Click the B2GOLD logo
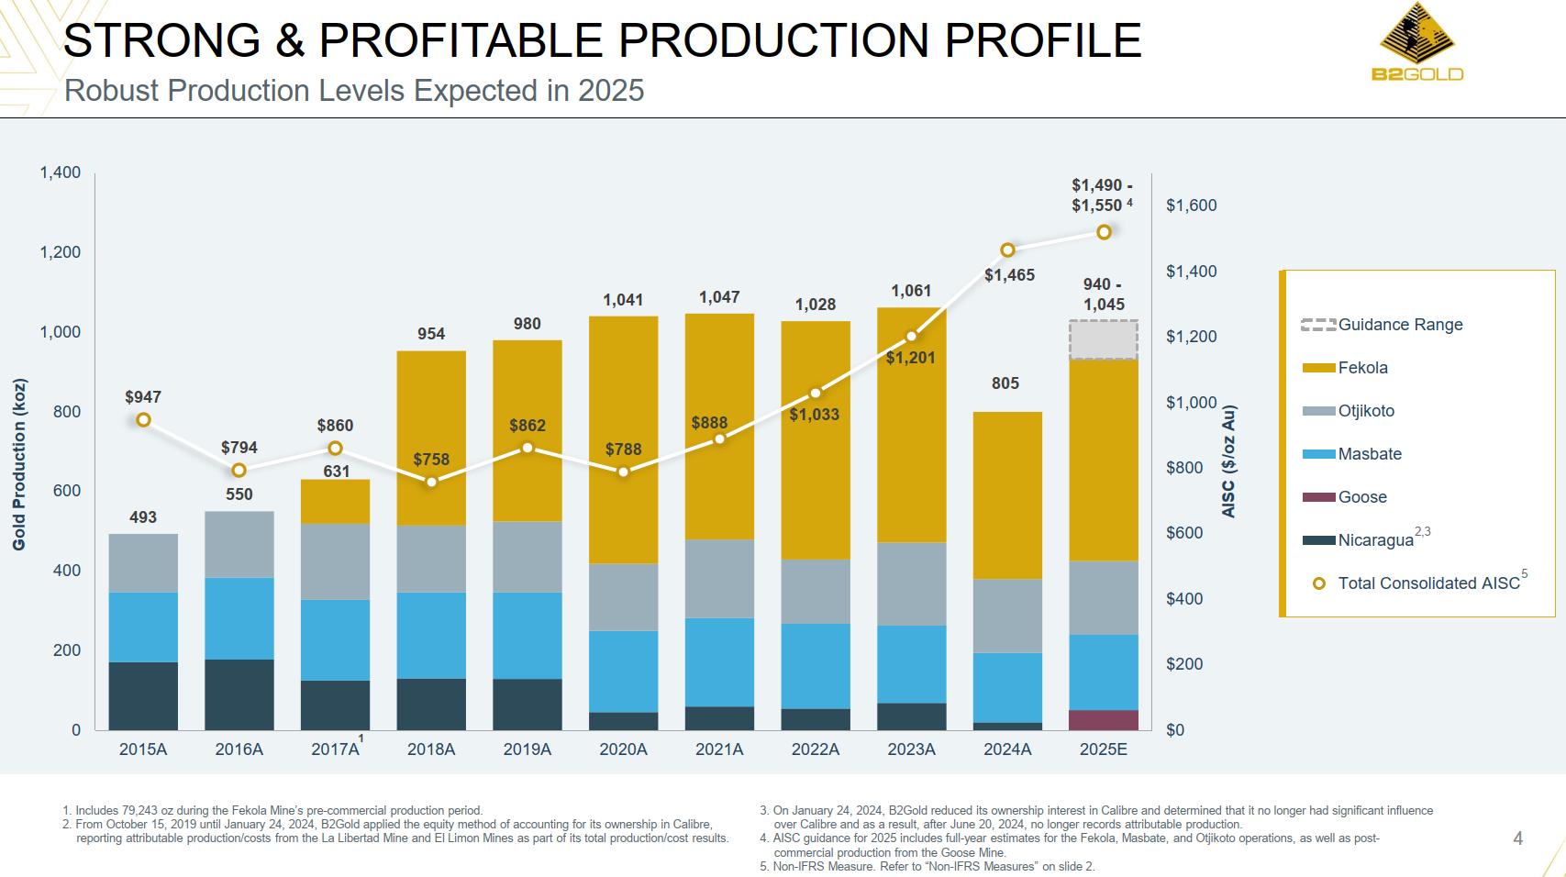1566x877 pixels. point(1417,42)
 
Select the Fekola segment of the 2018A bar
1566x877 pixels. point(431,438)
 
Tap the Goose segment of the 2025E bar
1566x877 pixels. point(1104,720)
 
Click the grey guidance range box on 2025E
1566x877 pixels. point(1104,339)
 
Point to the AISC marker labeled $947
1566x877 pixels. point(143,420)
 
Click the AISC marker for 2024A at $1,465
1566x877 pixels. point(1007,250)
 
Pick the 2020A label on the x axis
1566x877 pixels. point(623,749)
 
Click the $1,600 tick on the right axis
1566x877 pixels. point(1191,205)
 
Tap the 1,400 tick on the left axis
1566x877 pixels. point(61,172)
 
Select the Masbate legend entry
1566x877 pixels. point(1369,454)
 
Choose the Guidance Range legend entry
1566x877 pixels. point(1399,325)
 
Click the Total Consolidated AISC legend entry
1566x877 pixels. point(1427,583)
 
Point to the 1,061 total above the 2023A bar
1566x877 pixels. point(911,291)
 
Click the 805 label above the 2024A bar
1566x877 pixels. point(1005,383)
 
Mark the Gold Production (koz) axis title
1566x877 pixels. point(19,464)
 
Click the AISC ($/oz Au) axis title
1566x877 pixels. point(1228,461)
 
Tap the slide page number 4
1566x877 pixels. point(1518,838)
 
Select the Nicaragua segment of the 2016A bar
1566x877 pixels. point(239,694)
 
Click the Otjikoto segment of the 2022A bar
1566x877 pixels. point(816,591)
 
